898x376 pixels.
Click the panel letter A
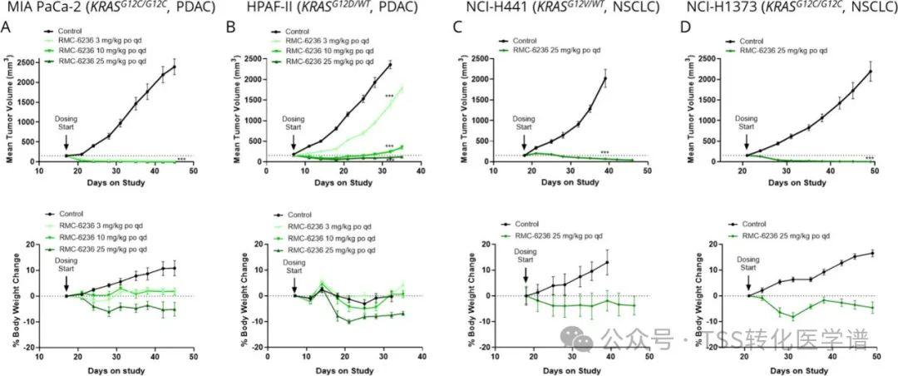7,28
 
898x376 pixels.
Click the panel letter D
685,28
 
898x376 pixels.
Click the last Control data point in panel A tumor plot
175,67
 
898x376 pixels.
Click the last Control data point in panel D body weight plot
871,253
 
